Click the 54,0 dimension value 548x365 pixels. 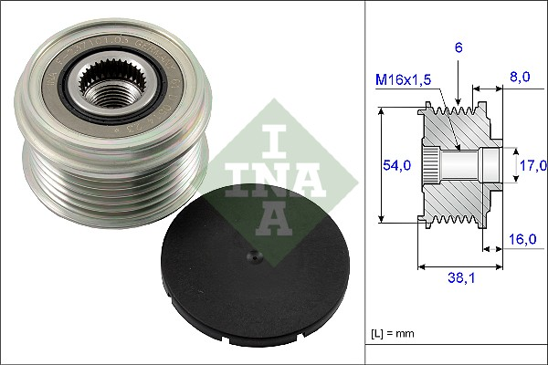pos(395,164)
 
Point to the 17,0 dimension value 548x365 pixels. pos(532,165)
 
